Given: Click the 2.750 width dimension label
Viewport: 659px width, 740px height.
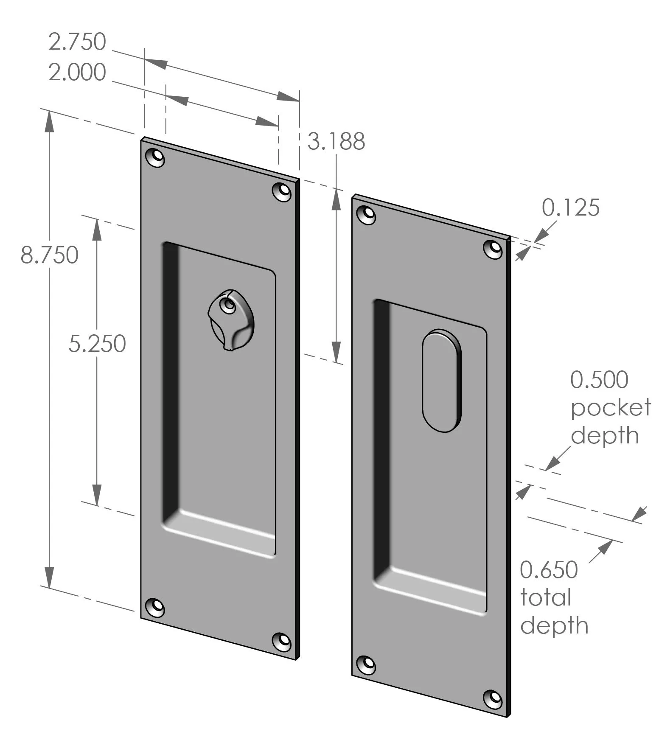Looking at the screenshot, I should pyautogui.click(x=77, y=42).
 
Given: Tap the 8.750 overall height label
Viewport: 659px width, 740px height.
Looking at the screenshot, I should pyautogui.click(x=49, y=255).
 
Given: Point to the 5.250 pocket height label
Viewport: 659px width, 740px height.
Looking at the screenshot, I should pyautogui.click(x=97, y=343).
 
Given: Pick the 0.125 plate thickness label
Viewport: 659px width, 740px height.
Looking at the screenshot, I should pyautogui.click(x=570, y=207).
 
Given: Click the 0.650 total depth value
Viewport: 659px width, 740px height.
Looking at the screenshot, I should pyautogui.click(x=549, y=569).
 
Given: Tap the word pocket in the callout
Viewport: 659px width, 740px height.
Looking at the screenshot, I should pyautogui.click(x=610, y=408).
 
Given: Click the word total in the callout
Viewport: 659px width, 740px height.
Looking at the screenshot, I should pyautogui.click(x=546, y=597).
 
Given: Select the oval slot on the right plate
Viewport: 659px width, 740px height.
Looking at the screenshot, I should pyautogui.click(x=441, y=380).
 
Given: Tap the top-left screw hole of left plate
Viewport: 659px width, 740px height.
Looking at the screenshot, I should pyautogui.click(x=155, y=158).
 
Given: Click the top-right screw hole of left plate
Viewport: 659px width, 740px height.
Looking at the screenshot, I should pyautogui.click(x=282, y=191).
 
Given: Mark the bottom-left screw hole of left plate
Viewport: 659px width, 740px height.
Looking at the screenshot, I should pyautogui.click(x=155, y=607).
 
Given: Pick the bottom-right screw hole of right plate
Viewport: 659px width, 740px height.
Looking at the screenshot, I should pyautogui.click(x=493, y=698).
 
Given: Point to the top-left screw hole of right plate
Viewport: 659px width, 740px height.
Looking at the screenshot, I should pyautogui.click(x=367, y=215).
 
